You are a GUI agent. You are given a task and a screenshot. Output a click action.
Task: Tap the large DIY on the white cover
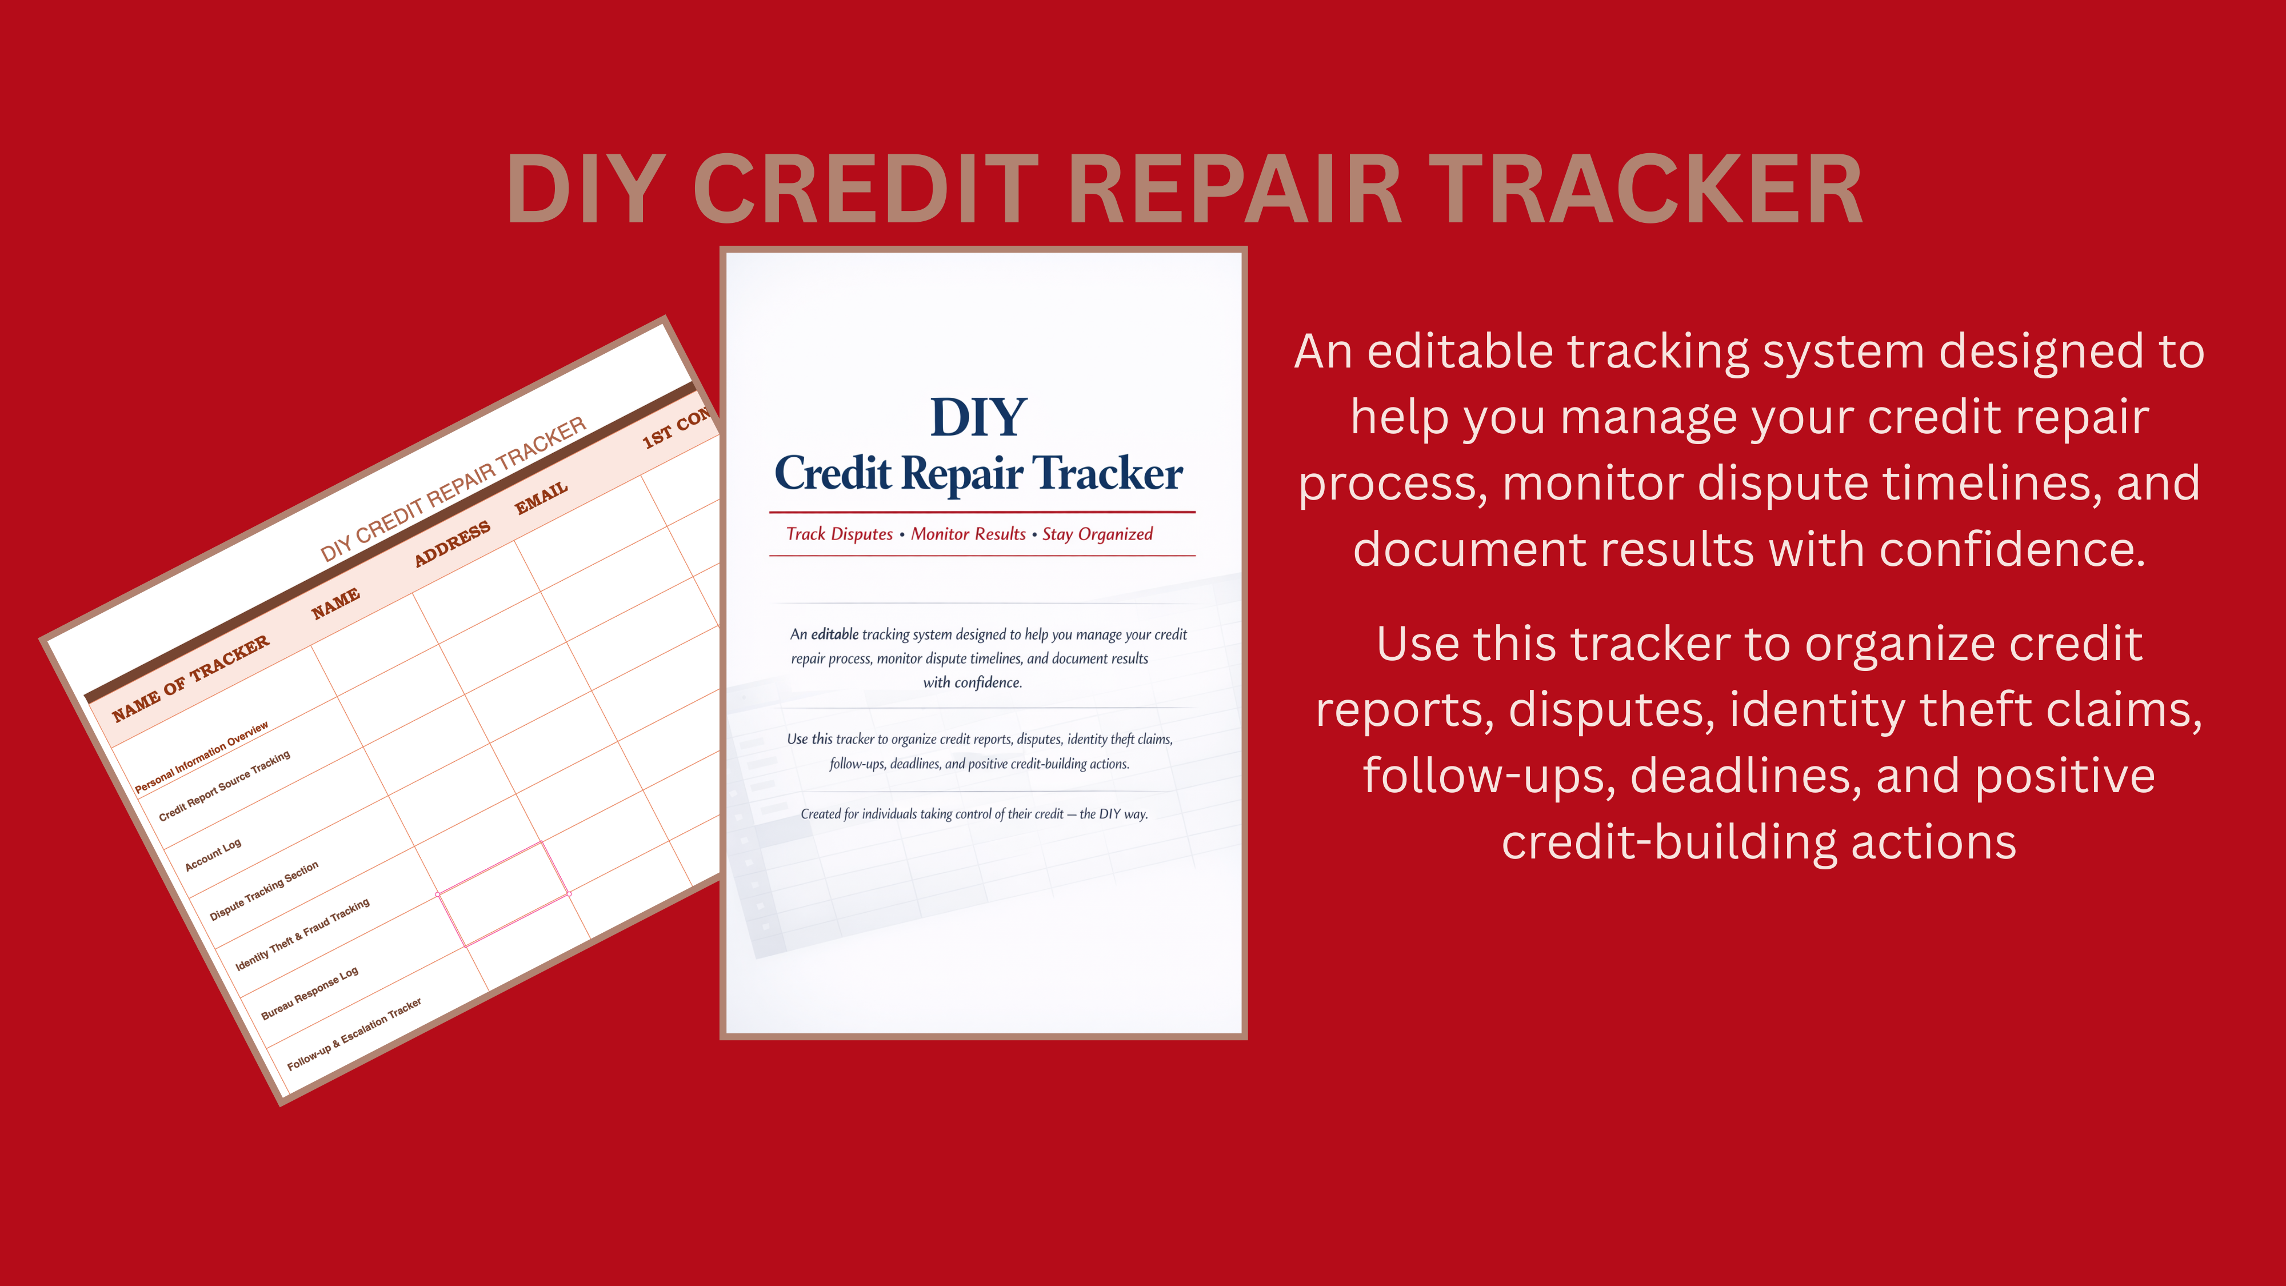click(x=978, y=417)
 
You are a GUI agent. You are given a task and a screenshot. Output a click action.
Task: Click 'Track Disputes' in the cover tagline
click(x=840, y=534)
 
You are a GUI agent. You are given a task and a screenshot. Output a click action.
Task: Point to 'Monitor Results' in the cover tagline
click(x=968, y=534)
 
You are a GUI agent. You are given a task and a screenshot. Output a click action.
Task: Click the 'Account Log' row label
click(x=213, y=854)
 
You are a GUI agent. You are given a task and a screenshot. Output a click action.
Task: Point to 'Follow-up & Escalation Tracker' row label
click(x=354, y=1034)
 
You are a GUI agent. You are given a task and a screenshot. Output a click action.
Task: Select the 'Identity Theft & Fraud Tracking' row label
click(x=303, y=934)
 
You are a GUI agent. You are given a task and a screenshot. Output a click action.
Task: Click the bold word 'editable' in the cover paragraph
click(x=834, y=634)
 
